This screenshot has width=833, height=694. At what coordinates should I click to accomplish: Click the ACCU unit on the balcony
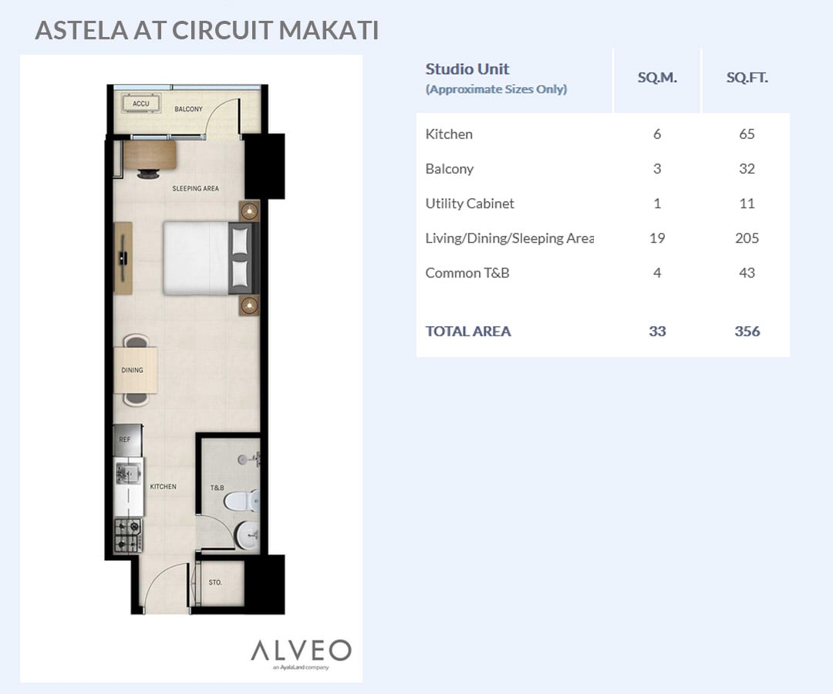141,103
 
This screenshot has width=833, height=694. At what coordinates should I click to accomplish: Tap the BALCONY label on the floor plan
189,109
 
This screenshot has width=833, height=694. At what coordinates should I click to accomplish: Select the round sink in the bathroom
247,535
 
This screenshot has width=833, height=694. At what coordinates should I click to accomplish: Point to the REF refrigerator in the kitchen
128,440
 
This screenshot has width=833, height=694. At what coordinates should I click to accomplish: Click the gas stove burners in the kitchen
128,535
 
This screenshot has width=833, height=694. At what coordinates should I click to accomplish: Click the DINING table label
133,370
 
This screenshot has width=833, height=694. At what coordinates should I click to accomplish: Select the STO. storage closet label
215,582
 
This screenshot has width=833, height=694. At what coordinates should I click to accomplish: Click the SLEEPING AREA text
195,188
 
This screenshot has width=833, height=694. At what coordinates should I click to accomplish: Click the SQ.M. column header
657,78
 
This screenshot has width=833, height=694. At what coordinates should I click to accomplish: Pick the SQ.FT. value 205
747,238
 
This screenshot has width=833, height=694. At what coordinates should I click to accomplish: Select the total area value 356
747,332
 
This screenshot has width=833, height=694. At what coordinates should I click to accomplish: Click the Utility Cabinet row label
470,204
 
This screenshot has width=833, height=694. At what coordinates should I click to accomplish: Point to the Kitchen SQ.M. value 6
657,134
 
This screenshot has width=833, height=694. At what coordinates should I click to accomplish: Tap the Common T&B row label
467,273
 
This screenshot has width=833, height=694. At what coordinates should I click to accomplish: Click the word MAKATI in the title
329,30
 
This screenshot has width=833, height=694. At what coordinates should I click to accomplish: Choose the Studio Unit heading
467,69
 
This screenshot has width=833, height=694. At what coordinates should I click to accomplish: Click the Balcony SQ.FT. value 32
747,169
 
